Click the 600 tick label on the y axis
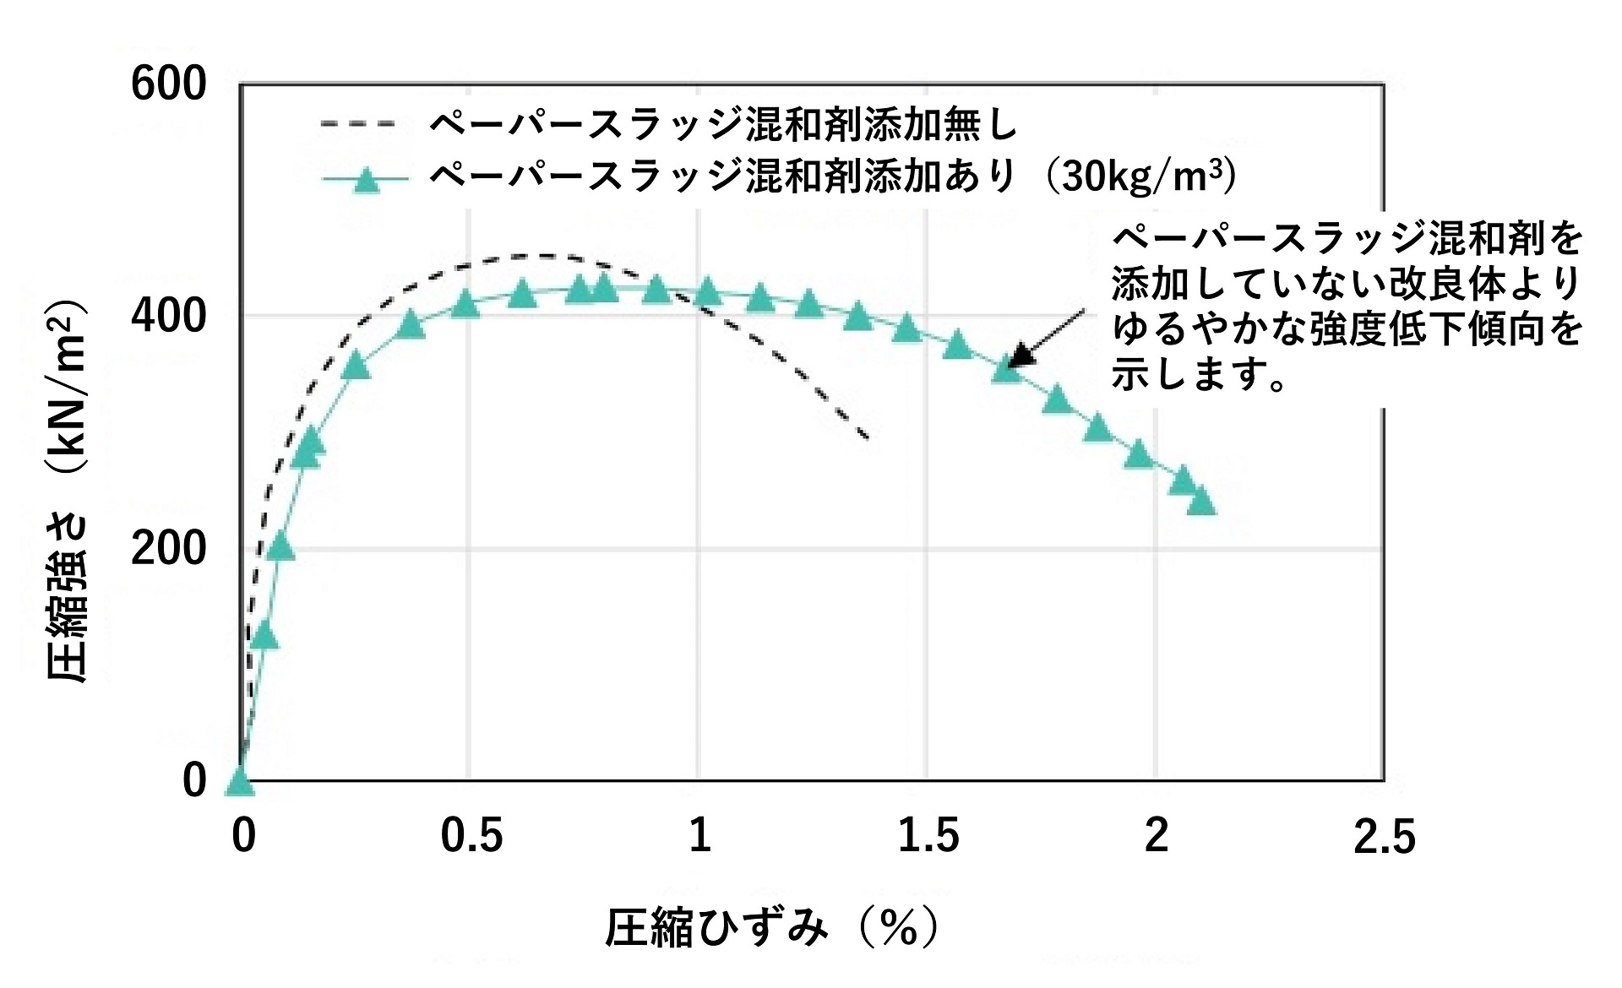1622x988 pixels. pyautogui.click(x=168, y=84)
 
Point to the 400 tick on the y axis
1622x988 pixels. pyautogui.click(x=168, y=316)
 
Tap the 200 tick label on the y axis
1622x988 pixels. pyautogui.click(x=168, y=549)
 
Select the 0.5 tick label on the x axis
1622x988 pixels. pyautogui.click(x=471, y=835)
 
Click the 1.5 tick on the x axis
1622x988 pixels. pyautogui.click(x=928, y=835)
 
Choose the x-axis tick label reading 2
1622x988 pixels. pyautogui.click(x=1156, y=835)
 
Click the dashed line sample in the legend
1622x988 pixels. pyautogui.click(x=358, y=125)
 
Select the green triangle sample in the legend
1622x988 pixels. pyautogui.click(x=365, y=179)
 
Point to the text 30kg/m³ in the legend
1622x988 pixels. pyautogui.click(x=1140, y=176)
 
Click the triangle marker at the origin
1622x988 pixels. pyautogui.click(x=240, y=783)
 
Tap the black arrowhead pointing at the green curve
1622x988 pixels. pyautogui.click(x=1021, y=356)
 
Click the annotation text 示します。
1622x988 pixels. pyautogui.click(x=1199, y=374)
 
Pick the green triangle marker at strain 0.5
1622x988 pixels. pyautogui.click(x=465, y=305)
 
